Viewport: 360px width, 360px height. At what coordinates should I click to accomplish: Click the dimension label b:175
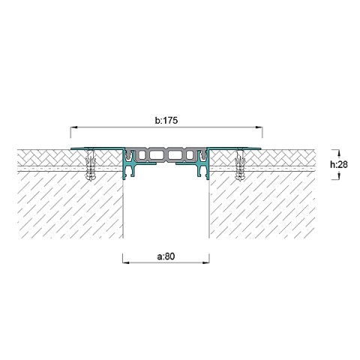point(166,121)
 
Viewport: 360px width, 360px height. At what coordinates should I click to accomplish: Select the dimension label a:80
point(166,256)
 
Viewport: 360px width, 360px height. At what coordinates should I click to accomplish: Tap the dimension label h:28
point(339,164)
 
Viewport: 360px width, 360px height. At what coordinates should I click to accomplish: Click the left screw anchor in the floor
point(91,164)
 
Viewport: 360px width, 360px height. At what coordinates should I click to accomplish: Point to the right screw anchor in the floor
point(240,164)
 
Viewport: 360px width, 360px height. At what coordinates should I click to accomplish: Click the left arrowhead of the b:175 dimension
point(74,127)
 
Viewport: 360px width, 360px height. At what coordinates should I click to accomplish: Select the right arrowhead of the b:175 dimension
point(259,127)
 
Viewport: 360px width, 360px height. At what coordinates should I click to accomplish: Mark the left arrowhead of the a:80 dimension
point(126,262)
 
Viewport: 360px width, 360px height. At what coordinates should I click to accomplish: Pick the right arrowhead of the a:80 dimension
point(205,262)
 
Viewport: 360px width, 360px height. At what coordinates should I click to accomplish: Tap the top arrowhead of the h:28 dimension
point(339,153)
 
